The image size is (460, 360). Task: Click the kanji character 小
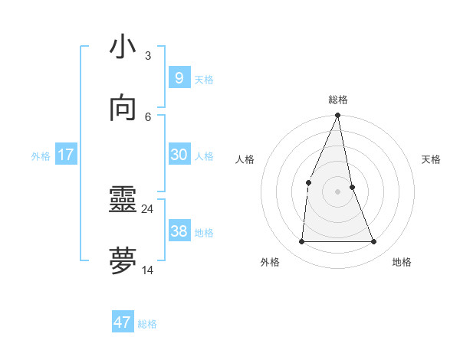point(123,47)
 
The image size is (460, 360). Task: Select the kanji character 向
point(123,109)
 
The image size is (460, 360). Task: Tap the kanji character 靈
point(123,201)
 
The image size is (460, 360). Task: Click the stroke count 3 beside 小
point(147,55)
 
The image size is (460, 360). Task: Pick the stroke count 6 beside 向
point(147,116)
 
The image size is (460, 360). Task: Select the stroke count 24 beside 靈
point(147,208)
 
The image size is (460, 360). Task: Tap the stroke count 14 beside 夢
point(147,270)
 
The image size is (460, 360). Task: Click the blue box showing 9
point(179,78)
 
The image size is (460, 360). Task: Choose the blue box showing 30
point(179,155)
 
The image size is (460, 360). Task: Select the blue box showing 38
point(179,231)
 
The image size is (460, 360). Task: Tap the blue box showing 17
point(66,155)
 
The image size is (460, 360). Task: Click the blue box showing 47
point(123,322)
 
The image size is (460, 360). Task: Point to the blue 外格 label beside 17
point(41,156)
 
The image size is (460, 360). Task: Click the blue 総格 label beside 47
point(147,324)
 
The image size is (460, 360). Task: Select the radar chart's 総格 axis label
point(338,100)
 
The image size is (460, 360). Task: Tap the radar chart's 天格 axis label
point(431,159)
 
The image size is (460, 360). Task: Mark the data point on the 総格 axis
point(338,116)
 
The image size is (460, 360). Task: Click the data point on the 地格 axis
point(374,242)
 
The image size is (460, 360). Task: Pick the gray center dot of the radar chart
point(338,191)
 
